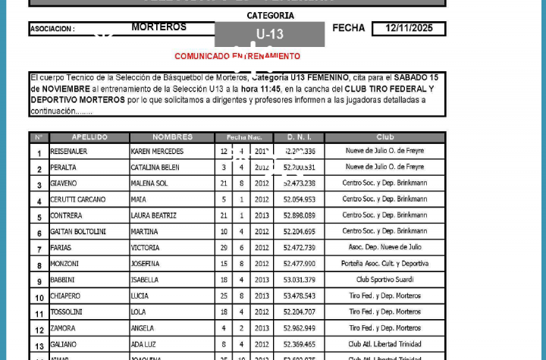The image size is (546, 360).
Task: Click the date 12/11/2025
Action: pos(409,29)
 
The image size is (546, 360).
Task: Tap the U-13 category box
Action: pos(269,34)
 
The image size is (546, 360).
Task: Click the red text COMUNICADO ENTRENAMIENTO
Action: pos(237,56)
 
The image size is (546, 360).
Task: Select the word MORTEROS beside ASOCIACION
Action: pos(159,27)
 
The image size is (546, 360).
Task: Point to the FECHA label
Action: pos(349,28)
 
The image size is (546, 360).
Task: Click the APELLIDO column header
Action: pos(89,137)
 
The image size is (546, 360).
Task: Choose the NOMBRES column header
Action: pos(172,137)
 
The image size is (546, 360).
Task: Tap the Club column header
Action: pos(384,137)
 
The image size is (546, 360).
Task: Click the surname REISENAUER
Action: pos(69,152)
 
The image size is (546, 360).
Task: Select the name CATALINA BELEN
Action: pos(155,167)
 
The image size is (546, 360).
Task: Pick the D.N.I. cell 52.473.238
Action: pos(299,183)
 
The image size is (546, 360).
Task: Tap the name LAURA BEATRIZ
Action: pos(154,216)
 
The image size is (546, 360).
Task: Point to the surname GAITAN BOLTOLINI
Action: pos(78,232)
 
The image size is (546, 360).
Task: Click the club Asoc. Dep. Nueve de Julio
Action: pos(384,248)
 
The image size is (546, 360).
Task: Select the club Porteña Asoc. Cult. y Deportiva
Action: pos(384,264)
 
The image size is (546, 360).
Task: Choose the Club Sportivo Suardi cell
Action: pos(384,280)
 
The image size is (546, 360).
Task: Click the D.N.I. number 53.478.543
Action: pos(299,296)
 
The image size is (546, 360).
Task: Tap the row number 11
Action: pos(39,313)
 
